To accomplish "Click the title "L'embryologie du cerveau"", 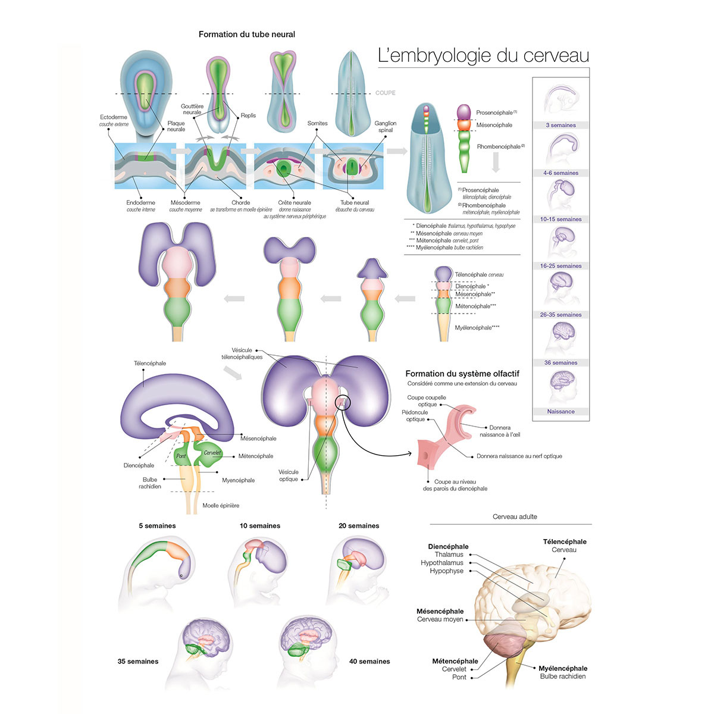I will point(483,55).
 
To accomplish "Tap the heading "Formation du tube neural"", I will point(246,35).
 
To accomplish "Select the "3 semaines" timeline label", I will point(560,126).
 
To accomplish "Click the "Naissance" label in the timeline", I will point(560,412).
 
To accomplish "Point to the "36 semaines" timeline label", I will point(560,363).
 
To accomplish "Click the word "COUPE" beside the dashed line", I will point(385,93).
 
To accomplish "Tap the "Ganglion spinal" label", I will point(385,127).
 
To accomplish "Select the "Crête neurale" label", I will point(295,203).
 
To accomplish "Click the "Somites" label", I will point(317,124).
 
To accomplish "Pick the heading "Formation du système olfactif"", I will point(462,374).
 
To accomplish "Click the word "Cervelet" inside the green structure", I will point(212,453).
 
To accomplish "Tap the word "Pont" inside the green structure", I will point(181,456).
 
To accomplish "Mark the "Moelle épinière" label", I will point(221,506).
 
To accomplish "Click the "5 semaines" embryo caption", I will point(157,526).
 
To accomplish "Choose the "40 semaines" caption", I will point(369,662).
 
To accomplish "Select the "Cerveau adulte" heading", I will point(515,517).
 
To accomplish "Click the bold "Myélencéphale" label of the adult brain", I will point(563,669).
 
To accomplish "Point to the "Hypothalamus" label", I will point(441,563).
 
